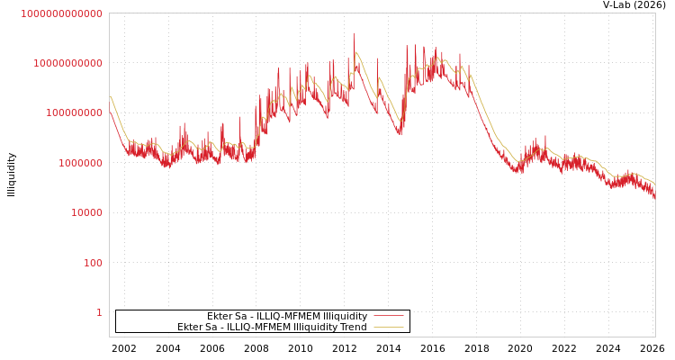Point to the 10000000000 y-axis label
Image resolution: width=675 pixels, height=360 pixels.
(67, 63)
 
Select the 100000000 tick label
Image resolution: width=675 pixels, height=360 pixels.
(74, 113)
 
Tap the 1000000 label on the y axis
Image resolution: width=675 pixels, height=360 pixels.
(80, 163)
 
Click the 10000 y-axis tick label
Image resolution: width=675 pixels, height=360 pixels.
(86, 212)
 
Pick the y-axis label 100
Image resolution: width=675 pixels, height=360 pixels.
(93, 263)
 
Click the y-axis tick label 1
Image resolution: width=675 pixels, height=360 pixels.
(99, 312)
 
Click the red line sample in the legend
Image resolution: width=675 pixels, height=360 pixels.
(388, 316)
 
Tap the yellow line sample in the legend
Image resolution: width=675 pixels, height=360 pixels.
(388, 327)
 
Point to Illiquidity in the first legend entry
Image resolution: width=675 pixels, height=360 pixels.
(345, 317)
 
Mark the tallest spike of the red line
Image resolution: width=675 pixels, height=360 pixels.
(353, 34)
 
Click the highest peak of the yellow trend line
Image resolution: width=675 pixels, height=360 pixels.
(356, 52)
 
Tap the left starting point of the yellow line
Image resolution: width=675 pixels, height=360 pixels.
(110, 96)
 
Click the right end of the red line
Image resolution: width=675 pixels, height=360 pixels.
(654, 197)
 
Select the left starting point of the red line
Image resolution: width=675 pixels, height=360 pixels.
(110, 112)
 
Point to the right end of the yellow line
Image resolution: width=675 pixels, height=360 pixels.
(654, 184)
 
